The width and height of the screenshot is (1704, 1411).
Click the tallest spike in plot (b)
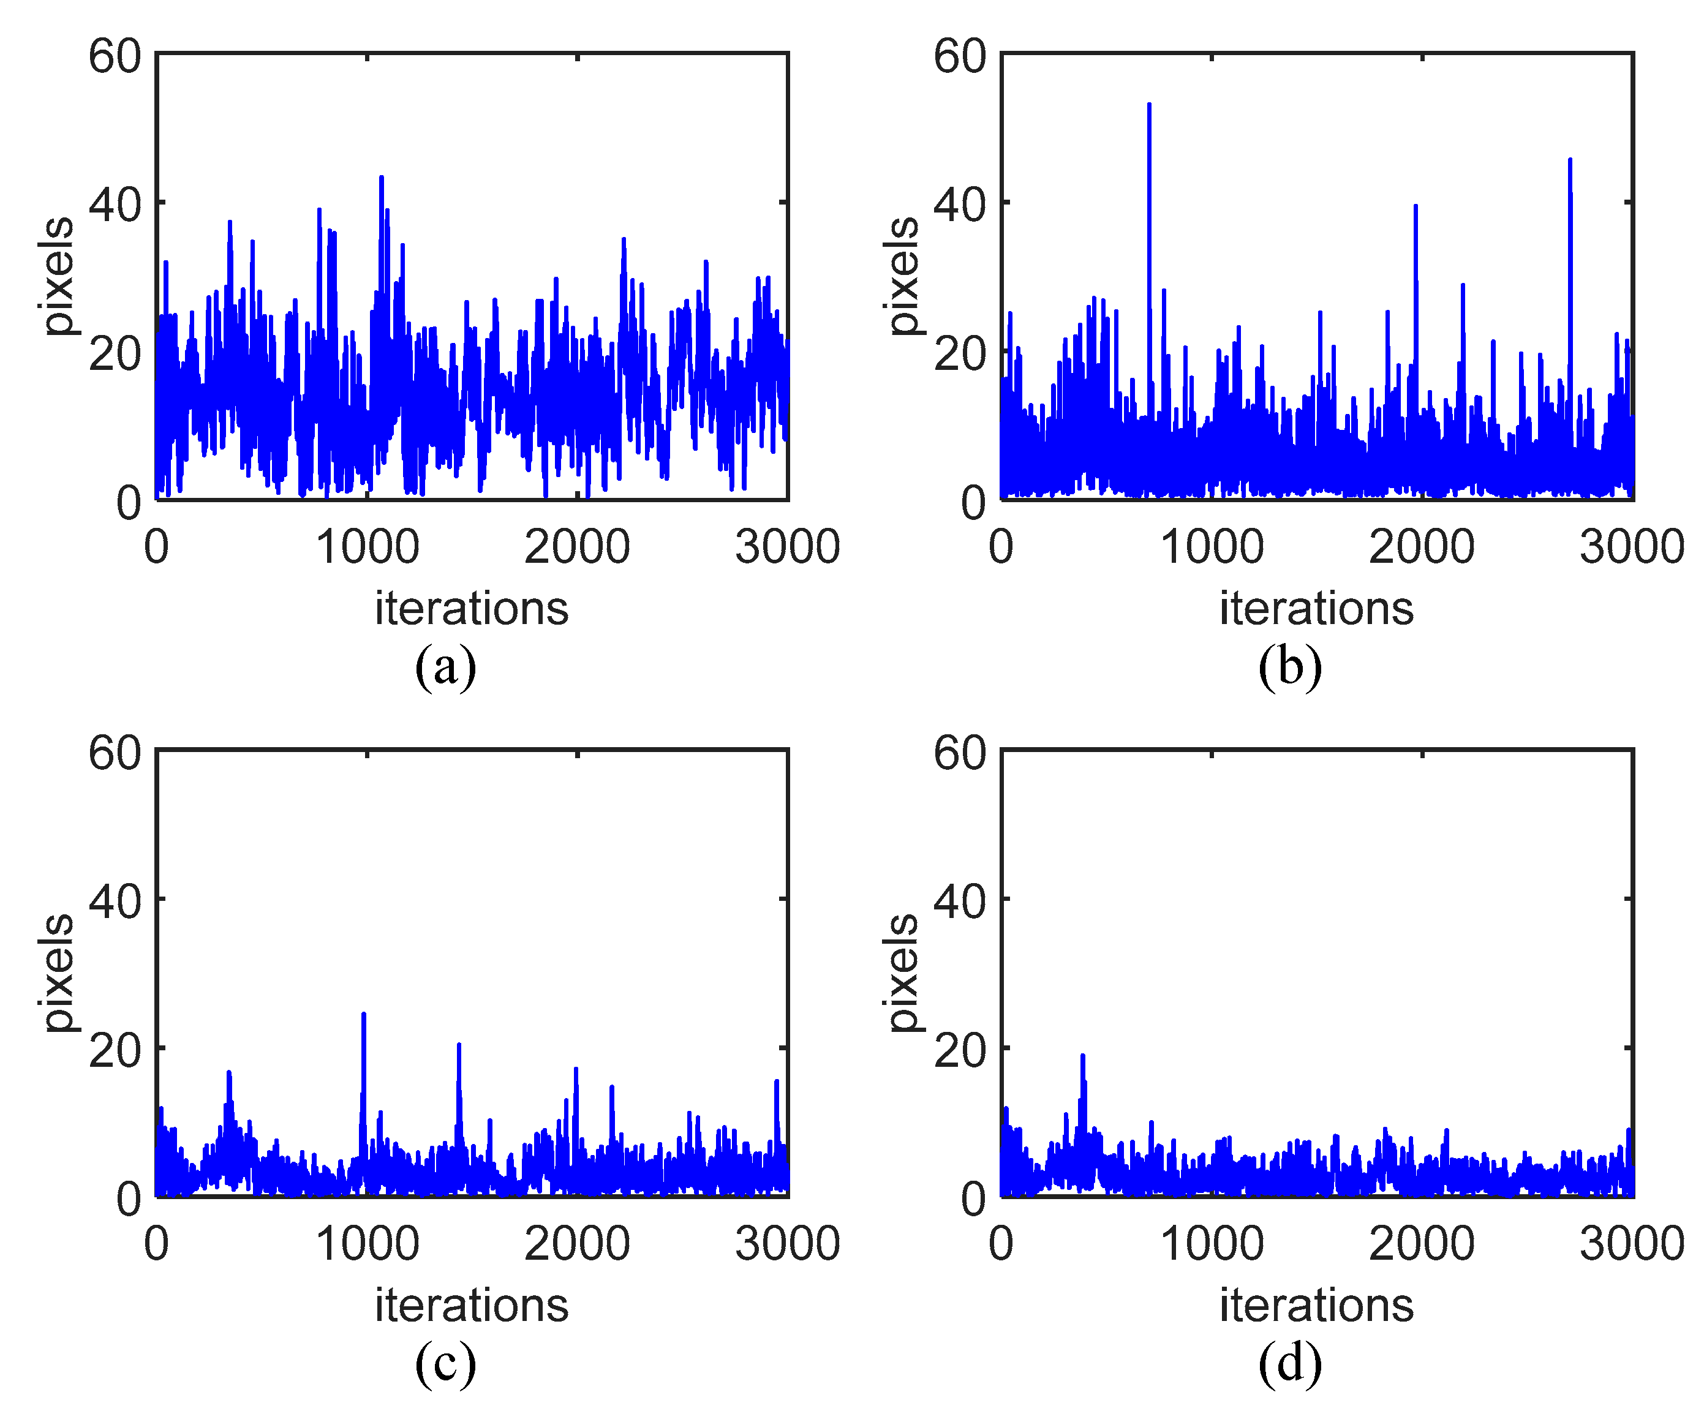tap(1149, 105)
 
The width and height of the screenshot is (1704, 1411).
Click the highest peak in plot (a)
tap(382, 178)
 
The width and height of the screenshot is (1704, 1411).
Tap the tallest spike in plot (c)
tap(363, 1014)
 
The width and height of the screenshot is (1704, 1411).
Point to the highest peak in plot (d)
tap(1082, 1056)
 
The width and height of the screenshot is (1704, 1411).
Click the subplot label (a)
tap(445, 668)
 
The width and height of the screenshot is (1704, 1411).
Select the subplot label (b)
tap(1290, 668)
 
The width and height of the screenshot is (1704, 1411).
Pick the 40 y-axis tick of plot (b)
tap(960, 205)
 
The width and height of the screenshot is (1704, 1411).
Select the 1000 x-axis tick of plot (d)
tap(1212, 1244)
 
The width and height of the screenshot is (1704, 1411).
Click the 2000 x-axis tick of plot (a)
tap(577, 547)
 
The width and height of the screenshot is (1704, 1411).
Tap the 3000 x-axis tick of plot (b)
tap(1632, 547)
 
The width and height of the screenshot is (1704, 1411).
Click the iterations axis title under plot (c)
tap(472, 1306)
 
